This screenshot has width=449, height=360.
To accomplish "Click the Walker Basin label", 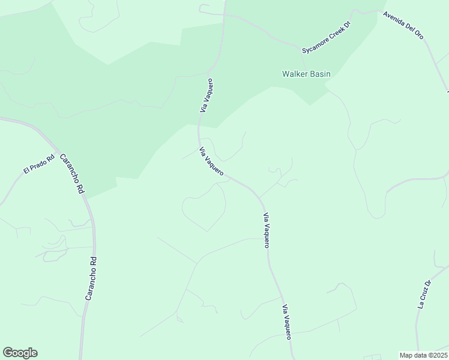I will (306, 74).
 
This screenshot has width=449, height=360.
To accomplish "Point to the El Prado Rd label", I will (39, 163).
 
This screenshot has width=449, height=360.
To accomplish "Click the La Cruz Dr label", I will (424, 294).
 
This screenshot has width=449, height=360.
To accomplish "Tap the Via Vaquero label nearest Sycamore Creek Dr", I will (206, 95).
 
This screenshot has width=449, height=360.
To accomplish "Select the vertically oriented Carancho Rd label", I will (90, 278).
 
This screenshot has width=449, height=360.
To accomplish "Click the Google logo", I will (20, 353).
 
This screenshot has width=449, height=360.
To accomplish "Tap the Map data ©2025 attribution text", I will (423, 355).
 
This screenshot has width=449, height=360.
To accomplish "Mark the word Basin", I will (319, 74).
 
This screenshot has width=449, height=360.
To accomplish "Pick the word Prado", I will (40, 163).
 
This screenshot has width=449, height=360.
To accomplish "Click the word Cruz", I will (424, 294).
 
